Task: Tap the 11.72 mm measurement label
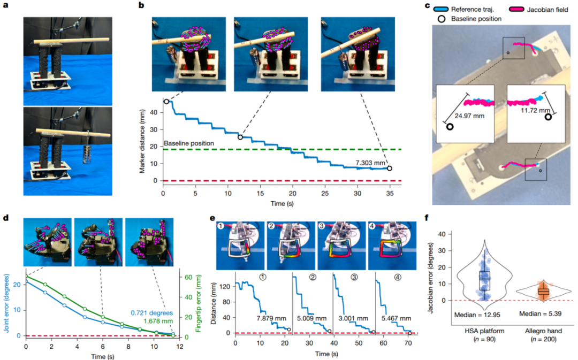click(535, 111)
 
